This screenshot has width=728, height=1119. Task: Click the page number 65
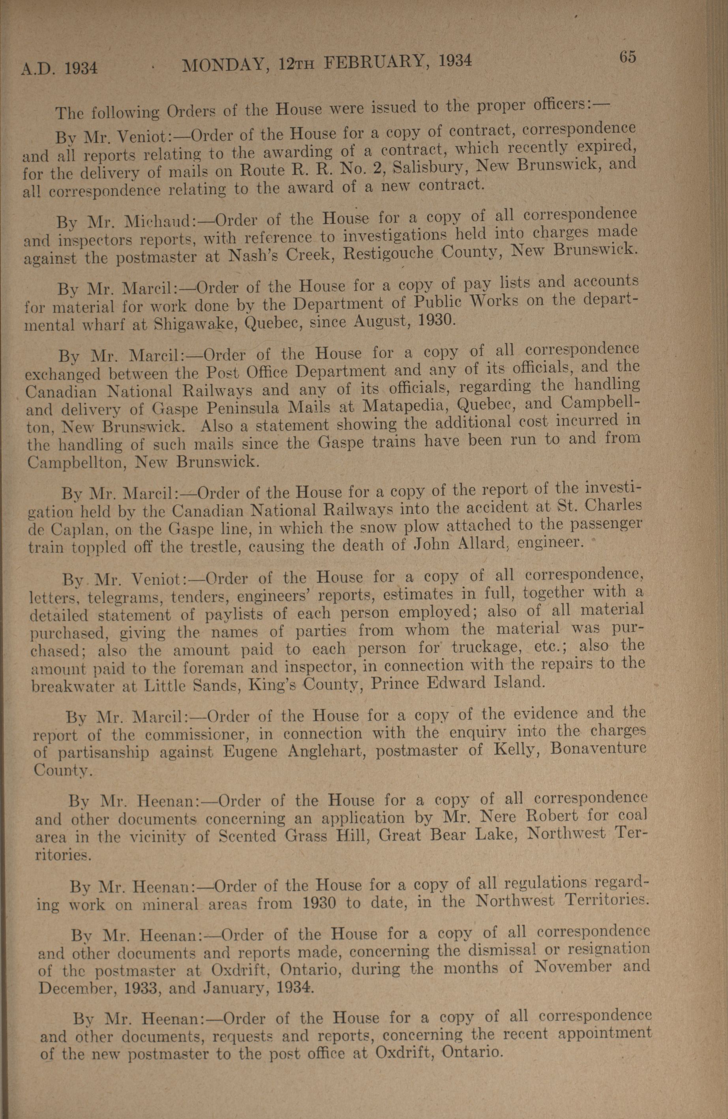[x=627, y=57]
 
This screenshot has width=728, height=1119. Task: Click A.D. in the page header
[x=39, y=69]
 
